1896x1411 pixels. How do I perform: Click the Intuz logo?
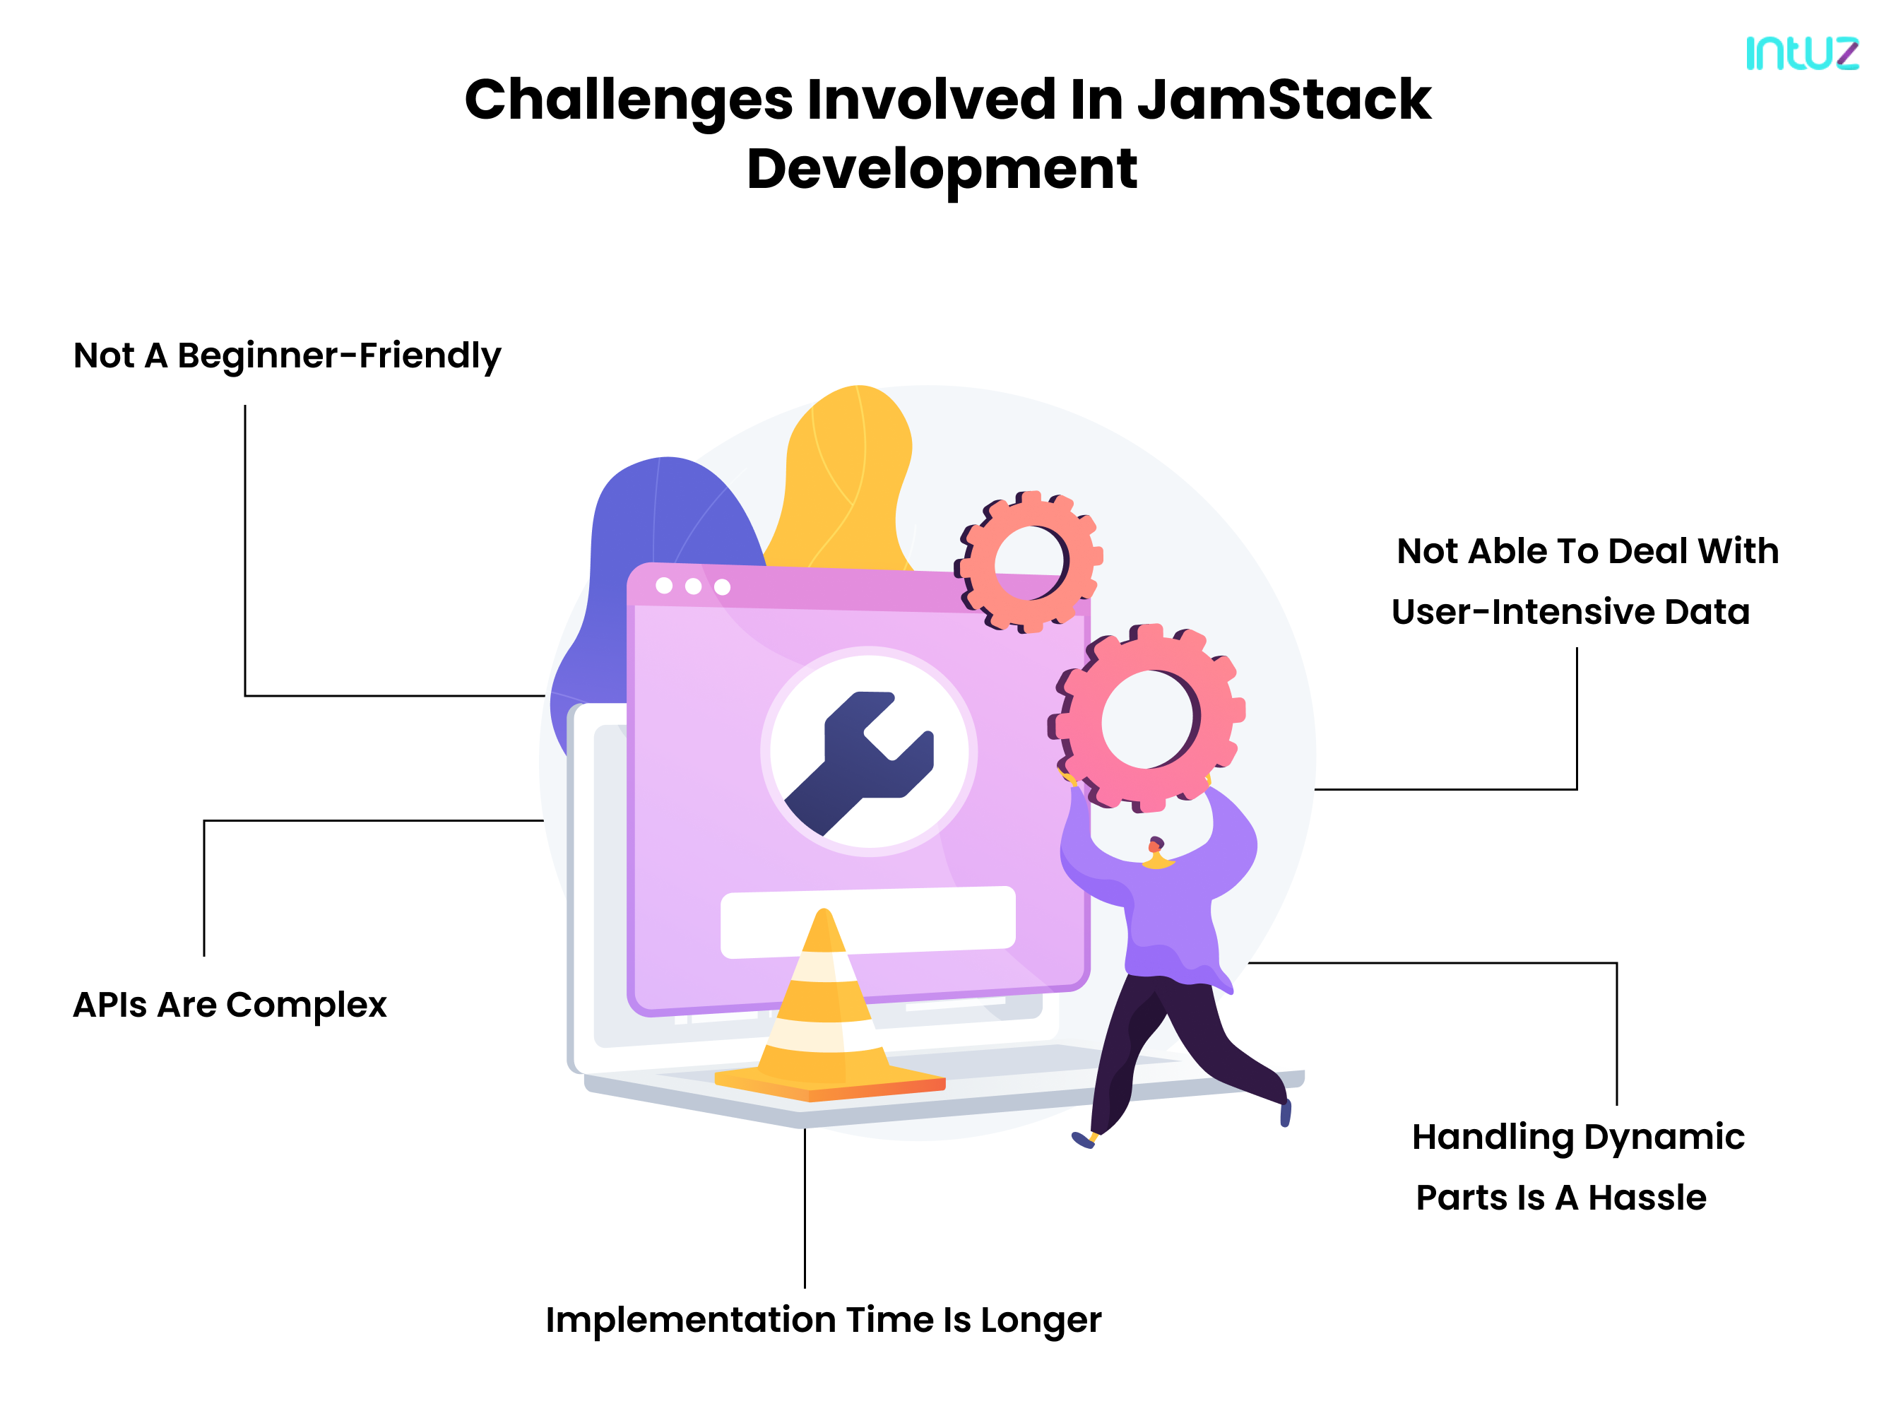[x=1801, y=53]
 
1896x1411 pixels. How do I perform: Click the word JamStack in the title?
[x=1284, y=100]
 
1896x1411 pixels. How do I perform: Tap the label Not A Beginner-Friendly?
[x=287, y=356]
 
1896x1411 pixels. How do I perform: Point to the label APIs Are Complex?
[x=230, y=1005]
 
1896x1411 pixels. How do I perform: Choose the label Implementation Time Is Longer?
[x=823, y=1321]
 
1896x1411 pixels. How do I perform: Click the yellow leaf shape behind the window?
[x=846, y=478]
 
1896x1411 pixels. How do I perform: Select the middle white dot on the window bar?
[x=693, y=586]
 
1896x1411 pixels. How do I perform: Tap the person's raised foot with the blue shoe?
[x=1284, y=1113]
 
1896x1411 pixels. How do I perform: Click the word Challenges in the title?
[x=629, y=100]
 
